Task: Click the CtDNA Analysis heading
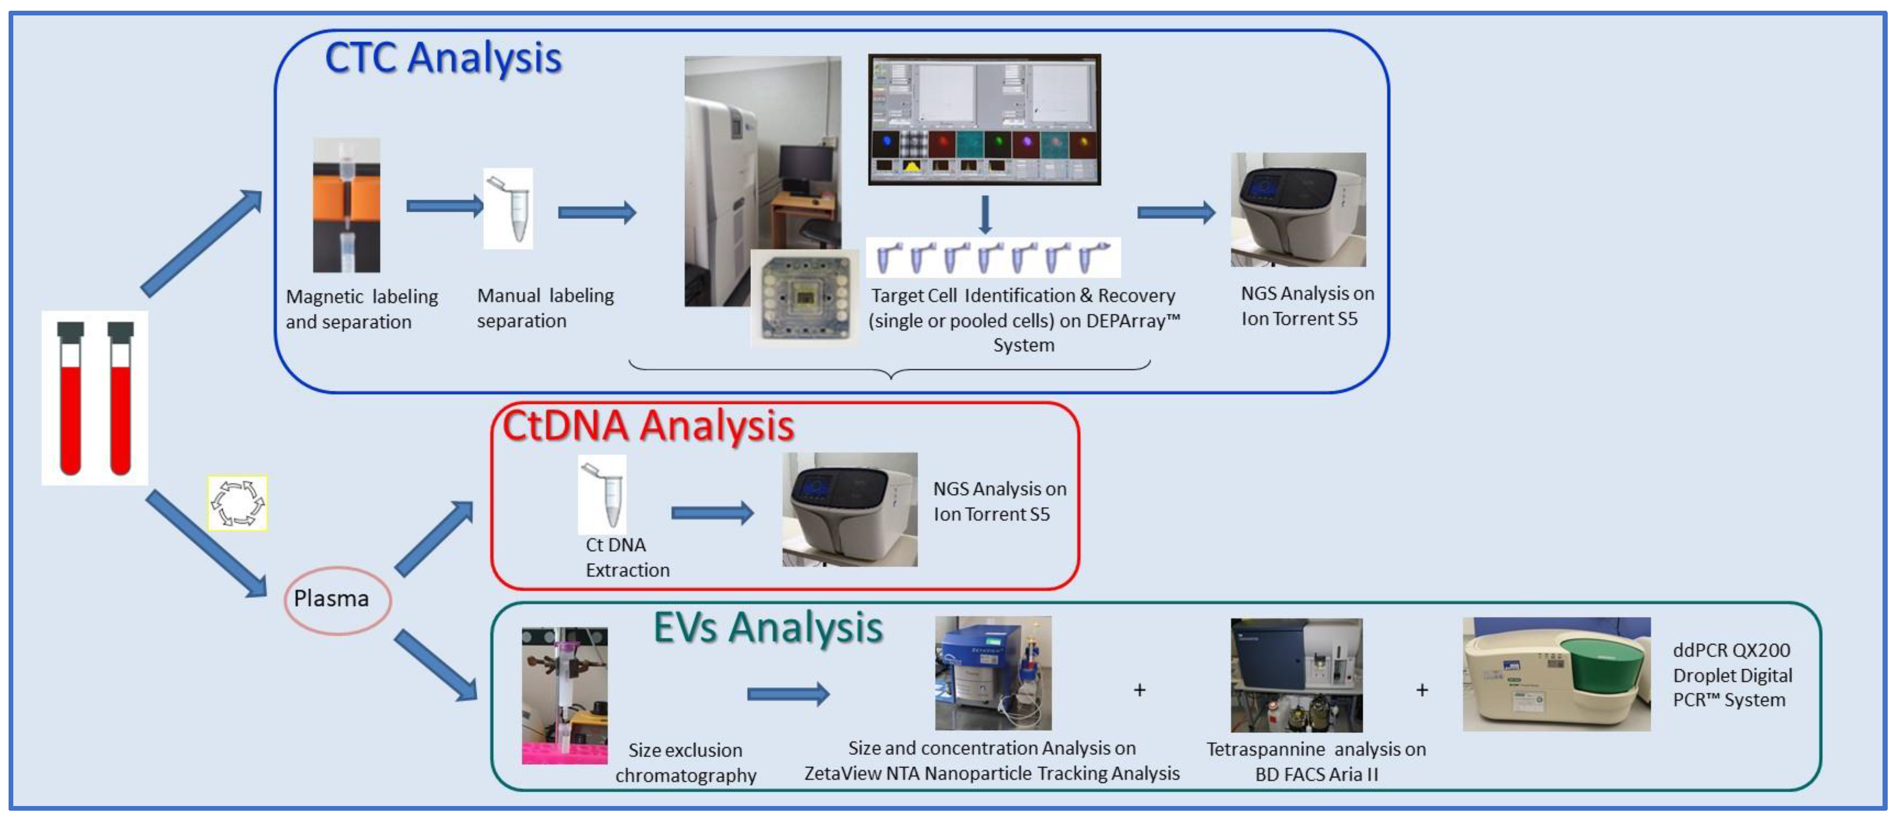pyautogui.click(x=648, y=426)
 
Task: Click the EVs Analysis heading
pyautogui.click(x=768, y=629)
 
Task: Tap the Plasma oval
pyautogui.click(x=337, y=600)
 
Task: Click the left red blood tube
pyautogui.click(x=71, y=398)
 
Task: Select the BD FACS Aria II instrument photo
pyautogui.click(x=1296, y=675)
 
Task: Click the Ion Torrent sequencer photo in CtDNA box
pyautogui.click(x=850, y=510)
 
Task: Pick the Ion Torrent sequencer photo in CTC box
pyautogui.click(x=1298, y=210)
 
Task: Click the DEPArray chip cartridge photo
pyautogui.click(x=805, y=297)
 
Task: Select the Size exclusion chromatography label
pyautogui.click(x=686, y=763)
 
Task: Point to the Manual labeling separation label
pyautogui.click(x=545, y=308)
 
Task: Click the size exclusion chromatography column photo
pyautogui.click(x=565, y=696)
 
